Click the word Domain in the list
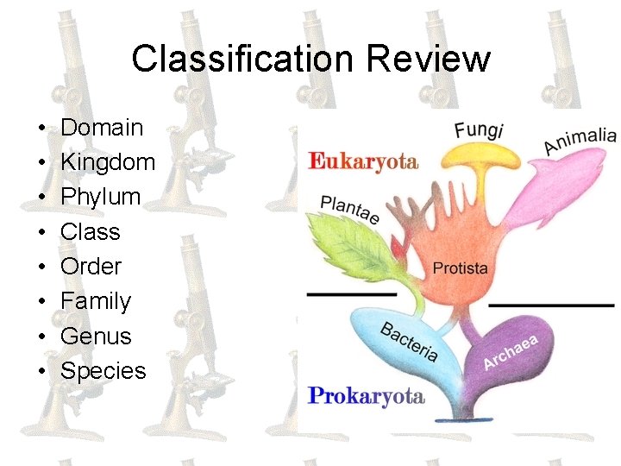[x=102, y=128]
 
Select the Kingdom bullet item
[x=108, y=162]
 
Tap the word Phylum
[x=100, y=197]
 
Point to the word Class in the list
[x=90, y=232]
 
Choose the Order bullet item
[x=91, y=267]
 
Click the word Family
[x=96, y=301]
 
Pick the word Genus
[x=96, y=336]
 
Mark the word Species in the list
[x=103, y=371]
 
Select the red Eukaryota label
[x=362, y=161]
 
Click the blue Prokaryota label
[x=366, y=396]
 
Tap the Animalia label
[x=580, y=141]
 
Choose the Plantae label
[x=349, y=209]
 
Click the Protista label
[x=460, y=268]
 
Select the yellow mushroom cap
[x=483, y=155]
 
